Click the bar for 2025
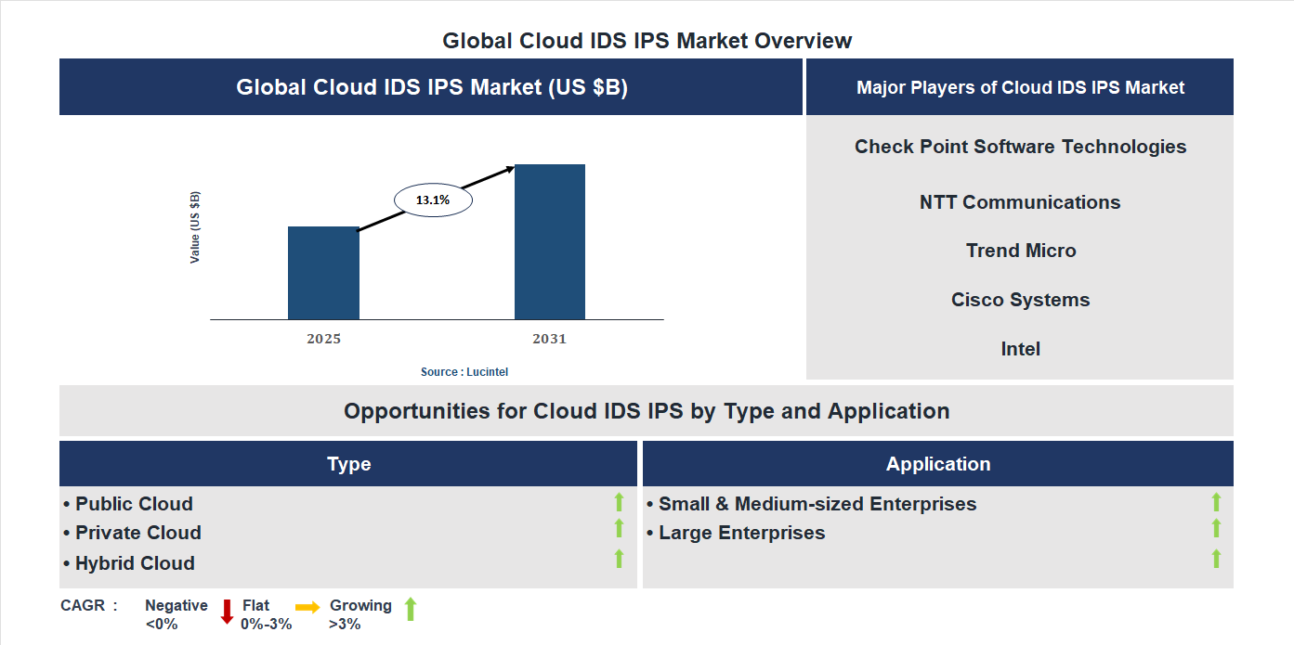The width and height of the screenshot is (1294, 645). pos(323,273)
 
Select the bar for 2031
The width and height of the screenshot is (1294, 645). pos(550,242)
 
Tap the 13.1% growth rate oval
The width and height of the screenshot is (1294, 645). pos(433,200)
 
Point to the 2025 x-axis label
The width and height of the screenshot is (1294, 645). pos(323,340)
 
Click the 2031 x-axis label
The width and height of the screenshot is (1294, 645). pos(549,340)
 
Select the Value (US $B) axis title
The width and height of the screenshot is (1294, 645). pos(195,227)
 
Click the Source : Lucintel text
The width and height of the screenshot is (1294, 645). pos(464,372)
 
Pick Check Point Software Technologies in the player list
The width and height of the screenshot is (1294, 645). pos(1020,147)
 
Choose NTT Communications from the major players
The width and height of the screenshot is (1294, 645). pos(1020,202)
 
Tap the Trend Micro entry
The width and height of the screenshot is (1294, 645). pos(1020,251)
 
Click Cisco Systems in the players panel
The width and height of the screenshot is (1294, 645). pos(1020,300)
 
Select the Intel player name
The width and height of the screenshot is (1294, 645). pos(1020,349)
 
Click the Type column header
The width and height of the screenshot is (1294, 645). pos(348,464)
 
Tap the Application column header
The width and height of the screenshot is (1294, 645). pos(937,464)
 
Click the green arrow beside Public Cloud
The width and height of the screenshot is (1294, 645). pos(619,503)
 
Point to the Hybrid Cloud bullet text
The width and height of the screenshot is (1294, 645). pos(135,563)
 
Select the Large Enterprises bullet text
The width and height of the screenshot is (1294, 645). pos(741,533)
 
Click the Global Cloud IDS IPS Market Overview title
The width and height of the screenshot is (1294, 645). pos(647,41)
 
